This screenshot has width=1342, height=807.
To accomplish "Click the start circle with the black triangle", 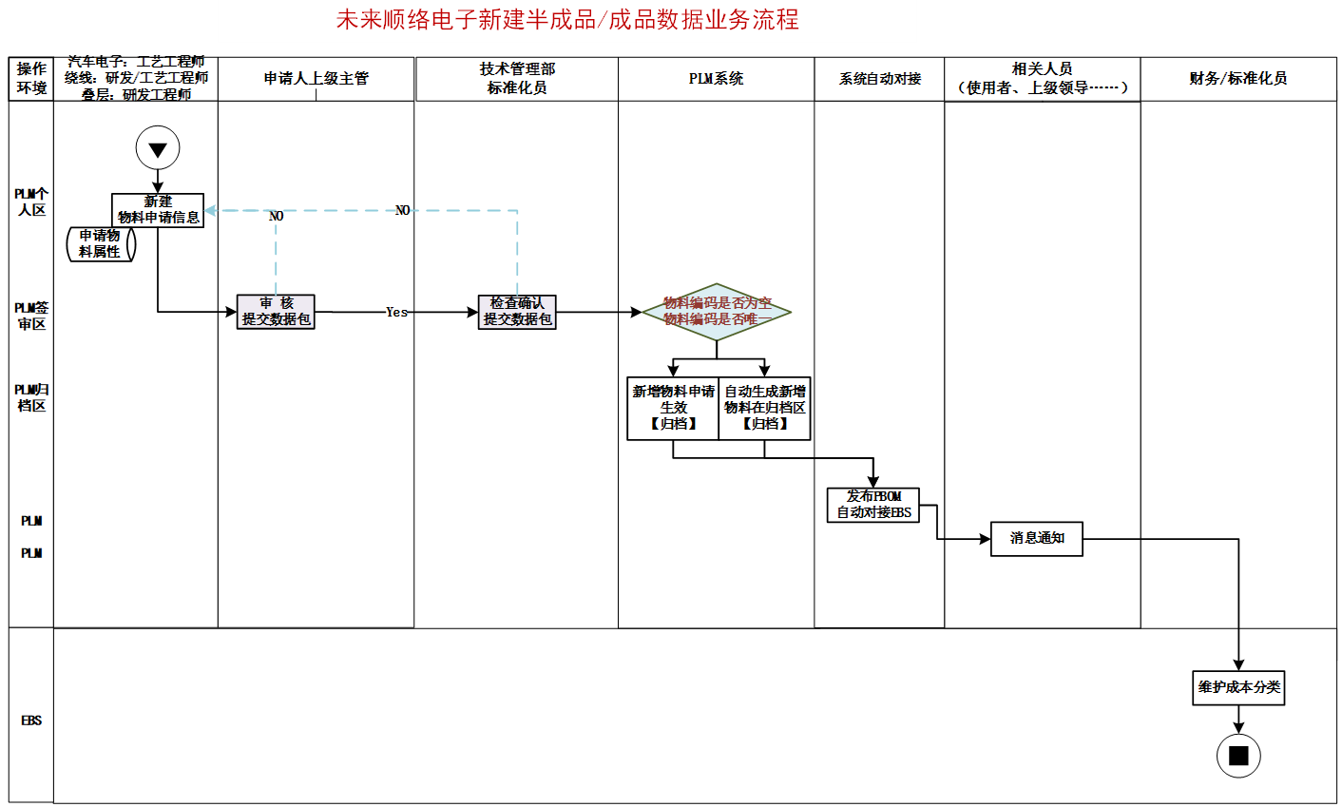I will (158, 149).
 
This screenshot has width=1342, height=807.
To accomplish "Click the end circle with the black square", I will (1238, 756).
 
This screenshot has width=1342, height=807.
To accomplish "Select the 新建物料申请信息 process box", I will (158, 210).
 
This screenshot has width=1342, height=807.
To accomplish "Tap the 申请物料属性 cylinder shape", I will (101, 243).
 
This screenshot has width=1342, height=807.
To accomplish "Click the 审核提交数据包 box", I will (276, 312).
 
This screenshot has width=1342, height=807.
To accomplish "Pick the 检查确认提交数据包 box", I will (517, 312).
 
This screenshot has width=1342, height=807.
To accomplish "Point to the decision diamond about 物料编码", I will (717, 312).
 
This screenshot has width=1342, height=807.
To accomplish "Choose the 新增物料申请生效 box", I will (673, 408).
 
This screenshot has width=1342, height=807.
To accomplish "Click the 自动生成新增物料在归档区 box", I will (765, 408).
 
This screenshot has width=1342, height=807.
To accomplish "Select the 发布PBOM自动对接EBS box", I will (873, 505).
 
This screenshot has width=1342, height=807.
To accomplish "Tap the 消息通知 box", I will (1036, 538).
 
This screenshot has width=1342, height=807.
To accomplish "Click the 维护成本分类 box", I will (1238, 687).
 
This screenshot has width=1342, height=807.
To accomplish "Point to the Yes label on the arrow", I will (396, 312).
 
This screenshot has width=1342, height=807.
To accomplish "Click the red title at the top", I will (567, 19).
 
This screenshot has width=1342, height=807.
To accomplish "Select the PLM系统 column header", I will (716, 79).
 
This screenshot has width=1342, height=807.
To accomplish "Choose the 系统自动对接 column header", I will (879, 79).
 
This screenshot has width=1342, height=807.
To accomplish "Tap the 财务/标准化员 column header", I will (1237, 79).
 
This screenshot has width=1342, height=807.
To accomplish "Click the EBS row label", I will (31, 721).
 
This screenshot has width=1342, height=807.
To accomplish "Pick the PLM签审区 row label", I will (31, 316).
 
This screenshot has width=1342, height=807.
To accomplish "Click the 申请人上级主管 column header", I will (316, 79).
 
